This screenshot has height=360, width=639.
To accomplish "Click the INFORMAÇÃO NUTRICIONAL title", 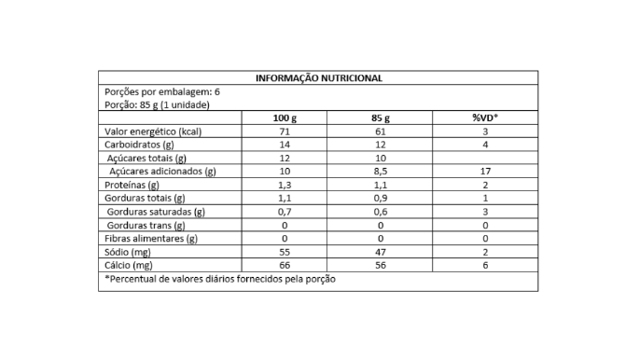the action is (318, 78).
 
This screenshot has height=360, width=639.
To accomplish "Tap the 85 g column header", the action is (381, 118).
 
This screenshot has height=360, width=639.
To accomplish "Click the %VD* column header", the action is (485, 118).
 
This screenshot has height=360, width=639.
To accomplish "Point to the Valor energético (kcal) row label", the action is (153, 132).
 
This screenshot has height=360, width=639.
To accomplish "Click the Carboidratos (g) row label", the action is (140, 145).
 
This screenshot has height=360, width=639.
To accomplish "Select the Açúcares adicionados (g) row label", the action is (162, 172).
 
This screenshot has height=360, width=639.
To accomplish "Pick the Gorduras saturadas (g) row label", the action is (157, 212).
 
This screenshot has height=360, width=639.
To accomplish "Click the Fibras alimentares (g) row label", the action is (151, 239).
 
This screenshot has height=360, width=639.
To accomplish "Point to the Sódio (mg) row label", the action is (129, 252).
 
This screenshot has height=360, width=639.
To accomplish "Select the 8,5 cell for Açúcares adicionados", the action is (381, 172).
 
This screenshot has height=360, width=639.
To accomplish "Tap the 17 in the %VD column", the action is (485, 172).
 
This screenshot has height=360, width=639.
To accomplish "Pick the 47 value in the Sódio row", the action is (381, 252).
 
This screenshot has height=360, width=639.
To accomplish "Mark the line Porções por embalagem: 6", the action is (162, 92).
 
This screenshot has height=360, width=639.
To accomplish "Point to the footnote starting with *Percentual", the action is (220, 280).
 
